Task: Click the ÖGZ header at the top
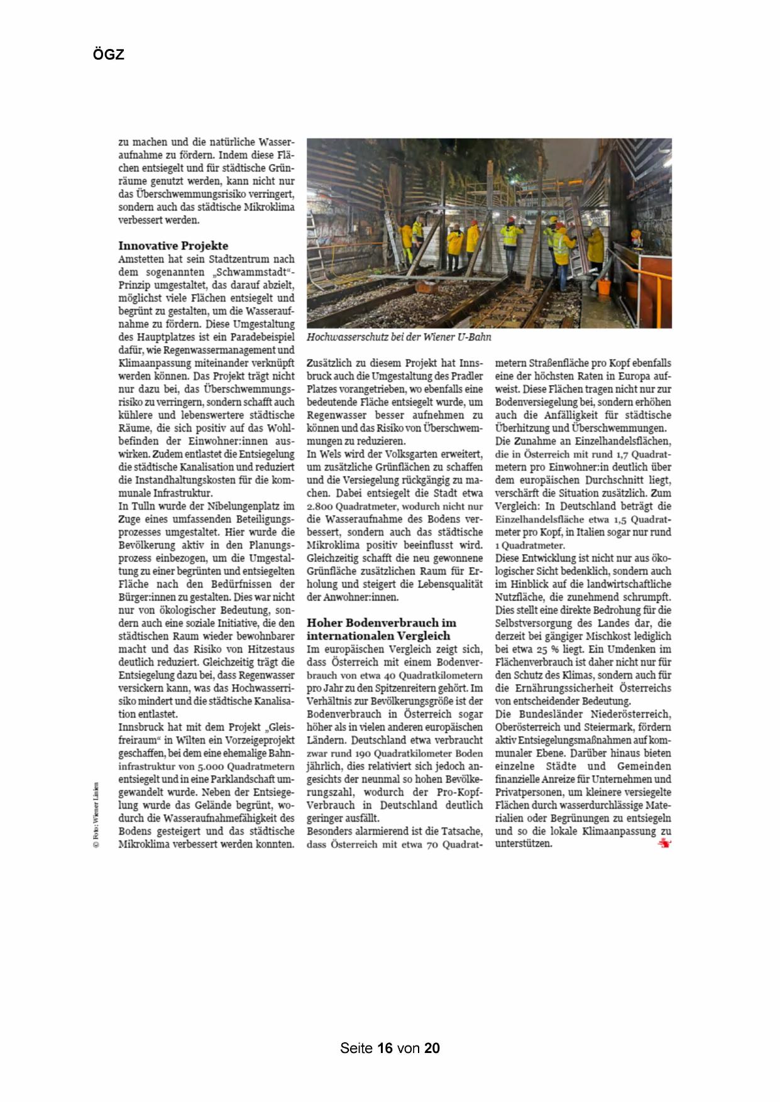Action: [109, 55]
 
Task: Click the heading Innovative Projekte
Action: [173, 246]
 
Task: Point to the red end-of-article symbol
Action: [664, 844]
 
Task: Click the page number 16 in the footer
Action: [385, 1048]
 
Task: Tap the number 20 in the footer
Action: [432, 1048]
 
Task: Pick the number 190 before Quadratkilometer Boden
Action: [363, 753]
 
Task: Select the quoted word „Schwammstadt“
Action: [253, 272]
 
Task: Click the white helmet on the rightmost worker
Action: [592, 224]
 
